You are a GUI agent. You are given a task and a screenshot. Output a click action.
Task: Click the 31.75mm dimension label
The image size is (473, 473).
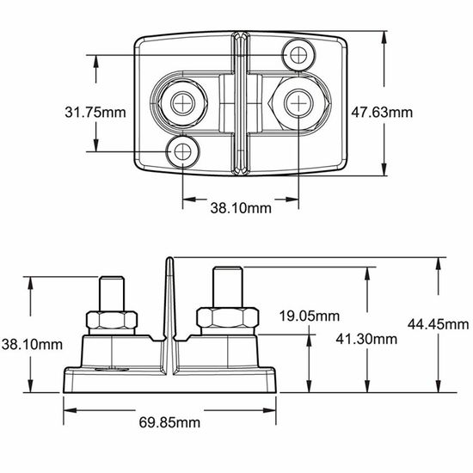[x=95, y=112]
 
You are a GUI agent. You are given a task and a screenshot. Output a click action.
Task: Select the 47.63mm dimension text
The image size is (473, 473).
[x=382, y=112]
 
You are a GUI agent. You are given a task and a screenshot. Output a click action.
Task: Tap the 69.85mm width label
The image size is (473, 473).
[x=169, y=422]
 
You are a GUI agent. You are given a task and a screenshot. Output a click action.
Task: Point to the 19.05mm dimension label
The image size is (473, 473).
[x=310, y=316]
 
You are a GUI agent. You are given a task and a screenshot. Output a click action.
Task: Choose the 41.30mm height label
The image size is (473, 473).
[x=366, y=339]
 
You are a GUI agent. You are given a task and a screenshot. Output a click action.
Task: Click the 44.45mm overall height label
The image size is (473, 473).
[x=438, y=324]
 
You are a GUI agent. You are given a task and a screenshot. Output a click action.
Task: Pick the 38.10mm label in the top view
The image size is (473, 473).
[x=241, y=208]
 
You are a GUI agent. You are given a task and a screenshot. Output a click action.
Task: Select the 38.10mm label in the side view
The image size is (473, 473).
[x=32, y=345]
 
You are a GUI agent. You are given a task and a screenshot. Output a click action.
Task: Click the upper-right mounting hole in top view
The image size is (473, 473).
[x=298, y=55]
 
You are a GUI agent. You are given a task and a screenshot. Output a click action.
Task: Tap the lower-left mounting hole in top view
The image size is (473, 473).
[x=183, y=151]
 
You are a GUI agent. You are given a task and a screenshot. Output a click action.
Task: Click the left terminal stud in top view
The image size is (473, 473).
[x=183, y=103]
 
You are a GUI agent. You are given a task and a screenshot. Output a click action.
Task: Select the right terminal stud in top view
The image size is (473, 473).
[x=298, y=103]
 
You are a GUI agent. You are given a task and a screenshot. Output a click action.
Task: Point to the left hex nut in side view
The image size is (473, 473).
[x=112, y=321]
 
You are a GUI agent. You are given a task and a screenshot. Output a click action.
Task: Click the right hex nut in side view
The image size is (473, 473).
[x=228, y=317]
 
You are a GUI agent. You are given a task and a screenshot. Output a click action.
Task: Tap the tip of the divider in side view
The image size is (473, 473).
[x=170, y=258]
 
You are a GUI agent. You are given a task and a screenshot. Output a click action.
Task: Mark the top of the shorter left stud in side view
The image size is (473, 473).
[x=112, y=277]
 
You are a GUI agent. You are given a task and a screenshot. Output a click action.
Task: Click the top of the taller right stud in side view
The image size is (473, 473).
[x=228, y=267]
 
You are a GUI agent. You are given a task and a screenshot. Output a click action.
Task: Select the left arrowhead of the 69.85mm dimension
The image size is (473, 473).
[x=70, y=410]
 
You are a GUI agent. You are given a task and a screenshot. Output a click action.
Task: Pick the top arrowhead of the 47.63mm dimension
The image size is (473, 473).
[x=384, y=37]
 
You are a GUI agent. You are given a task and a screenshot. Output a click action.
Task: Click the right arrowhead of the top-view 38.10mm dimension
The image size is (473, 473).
[x=292, y=200]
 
